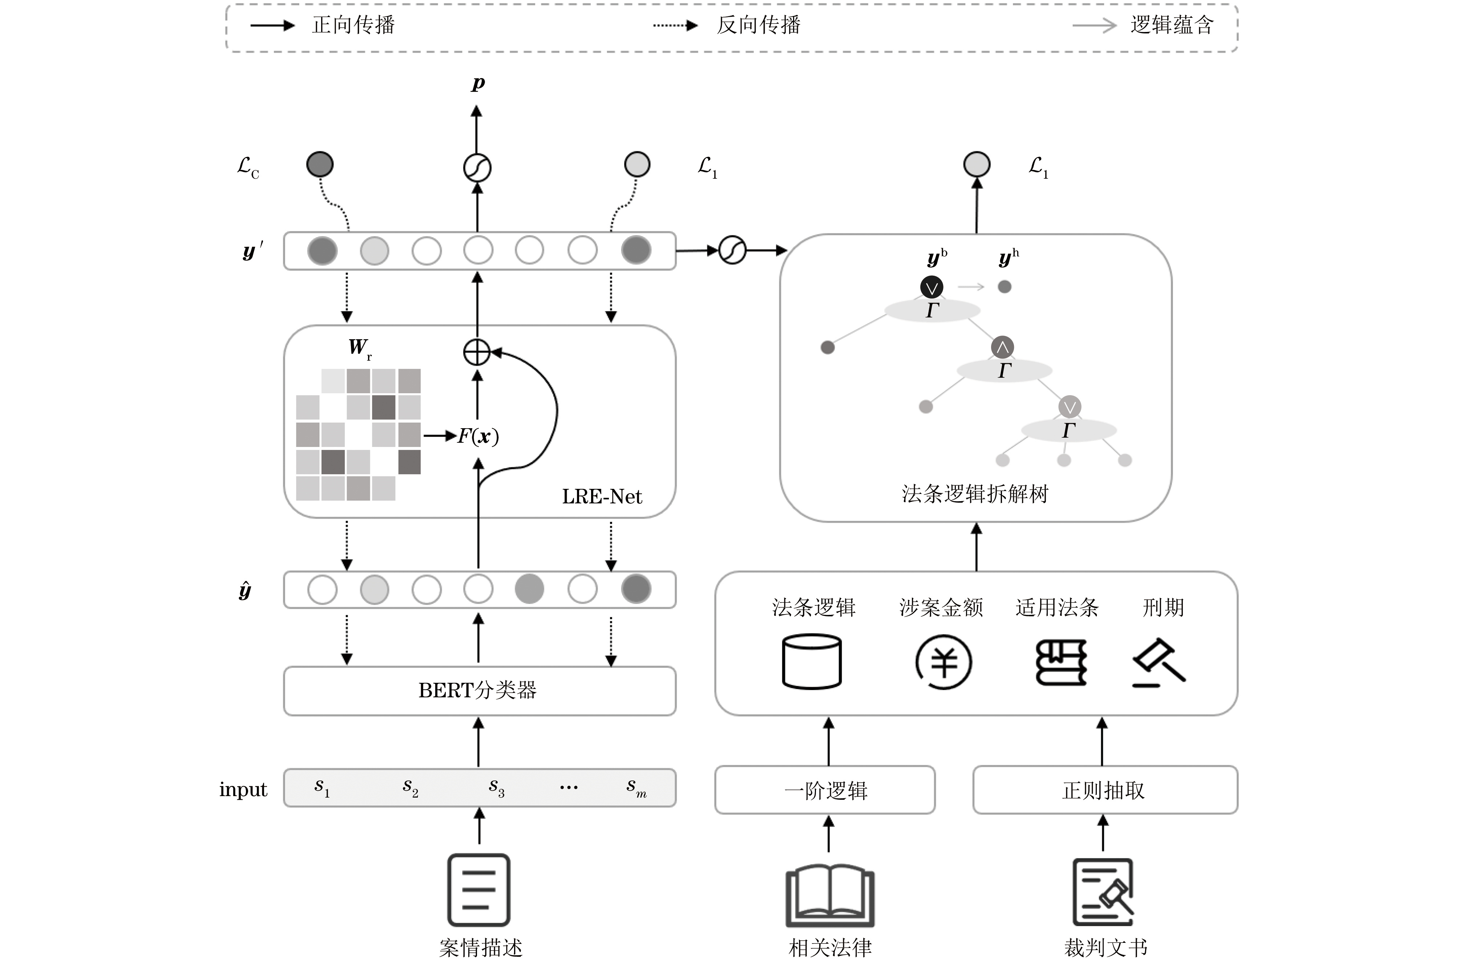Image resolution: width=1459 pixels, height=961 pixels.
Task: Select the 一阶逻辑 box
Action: (x=825, y=790)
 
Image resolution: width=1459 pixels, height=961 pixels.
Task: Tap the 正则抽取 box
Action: (x=1105, y=790)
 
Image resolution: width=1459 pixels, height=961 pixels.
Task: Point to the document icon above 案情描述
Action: (x=479, y=889)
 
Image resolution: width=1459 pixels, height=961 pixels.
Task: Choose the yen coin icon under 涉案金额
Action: (x=943, y=662)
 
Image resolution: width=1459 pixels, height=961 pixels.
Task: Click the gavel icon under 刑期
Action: (x=1159, y=662)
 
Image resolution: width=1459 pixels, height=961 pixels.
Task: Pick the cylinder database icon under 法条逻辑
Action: (x=812, y=662)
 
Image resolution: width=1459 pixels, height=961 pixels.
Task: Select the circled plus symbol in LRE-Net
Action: (x=477, y=352)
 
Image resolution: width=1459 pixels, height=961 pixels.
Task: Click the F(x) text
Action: (x=478, y=437)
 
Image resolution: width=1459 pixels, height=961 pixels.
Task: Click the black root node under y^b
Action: (x=932, y=287)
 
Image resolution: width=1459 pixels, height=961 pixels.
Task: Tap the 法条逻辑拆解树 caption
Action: (x=975, y=494)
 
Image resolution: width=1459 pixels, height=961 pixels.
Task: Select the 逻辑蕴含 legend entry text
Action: (x=1172, y=25)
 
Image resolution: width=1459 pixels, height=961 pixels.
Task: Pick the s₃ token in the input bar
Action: (x=496, y=787)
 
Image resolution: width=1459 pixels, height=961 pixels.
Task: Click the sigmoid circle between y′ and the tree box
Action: (x=732, y=250)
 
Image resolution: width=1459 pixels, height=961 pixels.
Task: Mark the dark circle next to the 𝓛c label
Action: (x=319, y=164)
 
